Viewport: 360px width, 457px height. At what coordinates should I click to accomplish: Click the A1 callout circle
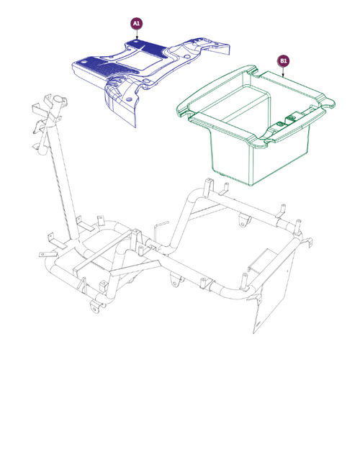137,24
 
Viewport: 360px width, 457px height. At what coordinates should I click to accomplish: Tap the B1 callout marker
284,61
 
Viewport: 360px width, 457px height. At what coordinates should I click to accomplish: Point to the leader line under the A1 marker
137,36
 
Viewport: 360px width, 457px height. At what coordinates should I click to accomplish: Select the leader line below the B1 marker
284,73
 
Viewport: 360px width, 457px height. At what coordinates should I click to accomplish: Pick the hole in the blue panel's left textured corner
88,64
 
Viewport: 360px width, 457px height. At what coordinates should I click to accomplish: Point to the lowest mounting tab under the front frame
94,307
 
